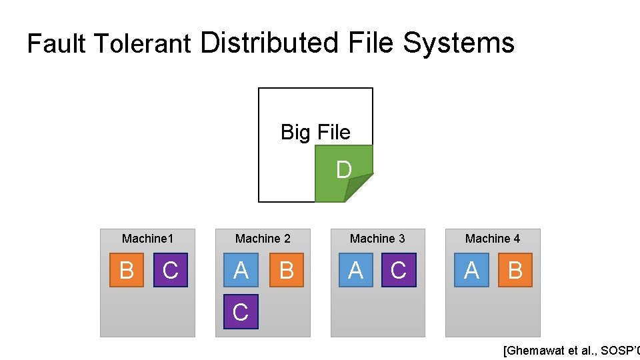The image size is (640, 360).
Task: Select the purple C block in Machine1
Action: point(171,270)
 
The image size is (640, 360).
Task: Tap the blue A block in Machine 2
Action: point(241,270)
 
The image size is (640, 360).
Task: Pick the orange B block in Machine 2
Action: point(287,270)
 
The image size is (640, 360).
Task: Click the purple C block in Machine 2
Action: point(241,311)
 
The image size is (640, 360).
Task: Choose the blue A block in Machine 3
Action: point(355,270)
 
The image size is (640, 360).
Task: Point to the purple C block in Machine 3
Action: point(399,270)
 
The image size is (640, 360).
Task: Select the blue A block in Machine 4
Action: point(471,270)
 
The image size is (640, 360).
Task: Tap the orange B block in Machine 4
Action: point(515,270)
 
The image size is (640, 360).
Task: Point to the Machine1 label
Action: point(147,239)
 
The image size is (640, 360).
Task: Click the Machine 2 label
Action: point(263,239)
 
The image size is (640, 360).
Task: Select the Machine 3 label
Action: point(377,239)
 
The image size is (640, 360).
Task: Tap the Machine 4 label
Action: point(493,239)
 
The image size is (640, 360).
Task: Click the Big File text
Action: point(315,132)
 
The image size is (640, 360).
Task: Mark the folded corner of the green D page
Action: point(357,188)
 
